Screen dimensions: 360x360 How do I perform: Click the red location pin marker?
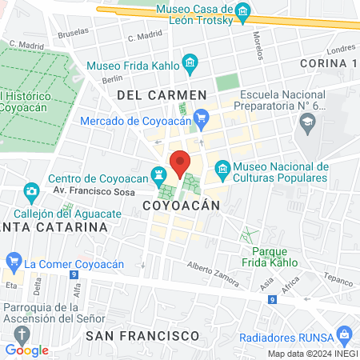[181, 165]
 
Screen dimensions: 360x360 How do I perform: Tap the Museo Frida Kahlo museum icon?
[190, 62]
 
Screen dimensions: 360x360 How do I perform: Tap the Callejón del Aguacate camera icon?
[31, 191]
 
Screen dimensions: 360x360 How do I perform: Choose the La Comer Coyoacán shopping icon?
[13, 261]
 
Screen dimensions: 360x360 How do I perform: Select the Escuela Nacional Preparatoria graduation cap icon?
[306, 122]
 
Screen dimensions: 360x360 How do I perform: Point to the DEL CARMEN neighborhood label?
[162, 95]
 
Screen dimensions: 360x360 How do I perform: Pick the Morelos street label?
[258, 46]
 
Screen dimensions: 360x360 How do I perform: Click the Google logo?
[26, 350]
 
